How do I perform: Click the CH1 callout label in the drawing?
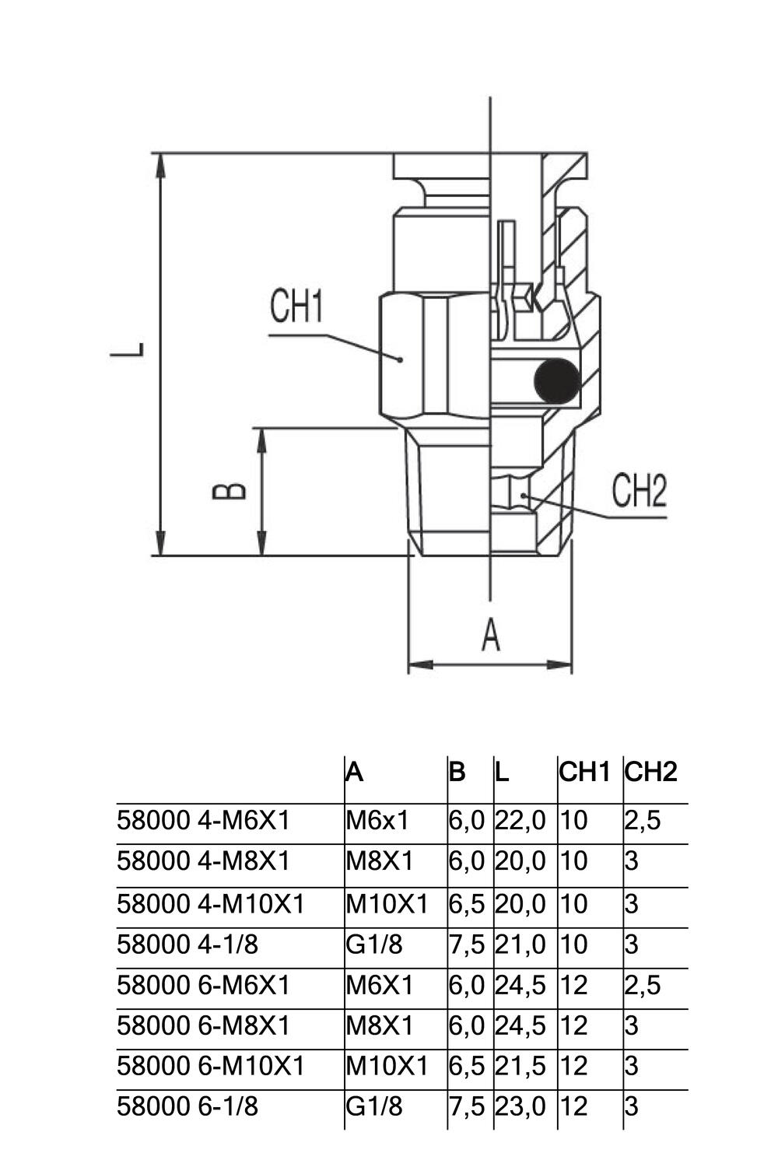coord(296,307)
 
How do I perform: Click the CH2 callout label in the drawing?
coord(639,490)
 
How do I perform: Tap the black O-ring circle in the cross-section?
coord(556,381)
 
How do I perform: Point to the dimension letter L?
coord(127,350)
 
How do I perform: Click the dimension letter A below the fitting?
coord(490,634)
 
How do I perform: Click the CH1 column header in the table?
coord(584,772)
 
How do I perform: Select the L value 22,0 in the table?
coord(520,820)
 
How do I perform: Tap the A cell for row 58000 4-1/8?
coord(374,944)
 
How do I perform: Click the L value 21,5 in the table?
coord(520,1065)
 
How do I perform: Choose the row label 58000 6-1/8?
coord(187,1106)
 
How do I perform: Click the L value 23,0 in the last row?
coord(520,1106)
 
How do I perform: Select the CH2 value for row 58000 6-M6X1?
coord(642,985)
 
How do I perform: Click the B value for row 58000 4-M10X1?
coord(467,904)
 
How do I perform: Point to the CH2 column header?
coord(650,772)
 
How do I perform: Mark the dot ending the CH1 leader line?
coord(400,359)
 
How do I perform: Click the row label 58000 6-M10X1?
coord(210,1065)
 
